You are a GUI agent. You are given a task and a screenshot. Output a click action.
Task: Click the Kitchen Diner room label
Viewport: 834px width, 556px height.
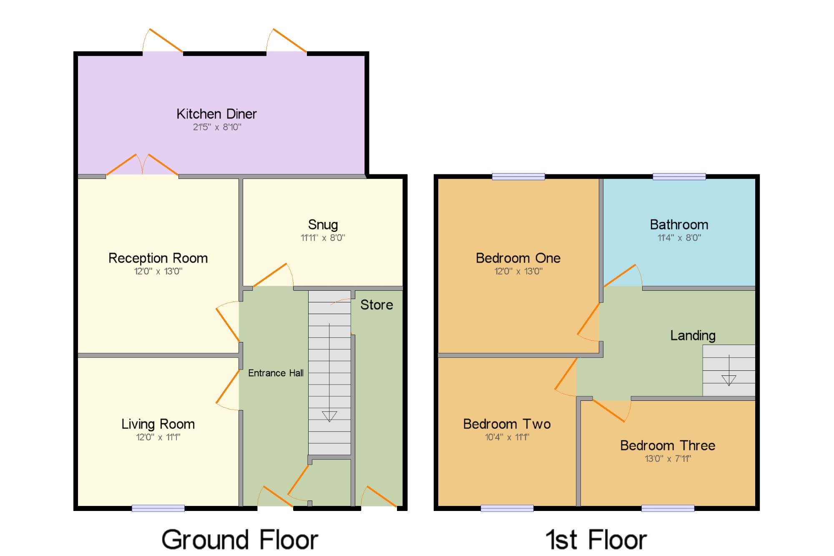(x=216, y=114)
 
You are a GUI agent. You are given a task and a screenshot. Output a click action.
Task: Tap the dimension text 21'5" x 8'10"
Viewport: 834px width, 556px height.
(x=217, y=127)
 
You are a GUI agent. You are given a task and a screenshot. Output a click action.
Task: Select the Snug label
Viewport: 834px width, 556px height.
(x=323, y=225)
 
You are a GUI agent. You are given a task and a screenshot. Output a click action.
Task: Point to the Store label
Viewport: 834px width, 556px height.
(x=377, y=305)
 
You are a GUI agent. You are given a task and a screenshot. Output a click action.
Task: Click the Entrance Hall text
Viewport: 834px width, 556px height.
(x=276, y=373)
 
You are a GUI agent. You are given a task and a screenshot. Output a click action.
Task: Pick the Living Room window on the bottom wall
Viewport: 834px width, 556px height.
(x=158, y=508)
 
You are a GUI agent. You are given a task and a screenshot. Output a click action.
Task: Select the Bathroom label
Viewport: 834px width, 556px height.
(x=679, y=225)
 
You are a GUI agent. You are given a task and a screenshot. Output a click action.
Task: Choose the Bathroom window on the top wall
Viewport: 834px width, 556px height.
(x=679, y=176)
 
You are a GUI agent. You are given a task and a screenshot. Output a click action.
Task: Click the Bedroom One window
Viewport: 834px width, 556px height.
(x=518, y=176)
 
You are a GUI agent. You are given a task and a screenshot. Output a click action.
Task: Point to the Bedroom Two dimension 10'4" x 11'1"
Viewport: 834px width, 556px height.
(x=507, y=437)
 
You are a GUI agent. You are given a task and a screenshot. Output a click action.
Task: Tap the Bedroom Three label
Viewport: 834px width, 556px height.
(x=668, y=445)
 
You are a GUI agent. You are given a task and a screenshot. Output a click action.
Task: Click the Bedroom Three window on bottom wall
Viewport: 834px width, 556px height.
(x=668, y=508)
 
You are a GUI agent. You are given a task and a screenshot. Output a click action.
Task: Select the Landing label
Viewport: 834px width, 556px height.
(x=693, y=336)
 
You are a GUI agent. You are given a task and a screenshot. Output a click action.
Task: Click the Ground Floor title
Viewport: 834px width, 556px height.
(x=240, y=540)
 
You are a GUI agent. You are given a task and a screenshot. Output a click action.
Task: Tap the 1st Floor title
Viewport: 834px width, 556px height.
(x=597, y=540)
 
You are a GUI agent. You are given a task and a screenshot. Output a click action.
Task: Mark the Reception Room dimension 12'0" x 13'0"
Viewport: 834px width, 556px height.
(x=158, y=271)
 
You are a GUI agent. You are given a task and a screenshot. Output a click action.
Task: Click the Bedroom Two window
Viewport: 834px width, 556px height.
(x=507, y=508)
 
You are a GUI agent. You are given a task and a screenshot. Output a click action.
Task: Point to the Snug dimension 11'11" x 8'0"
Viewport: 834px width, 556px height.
(x=323, y=238)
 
